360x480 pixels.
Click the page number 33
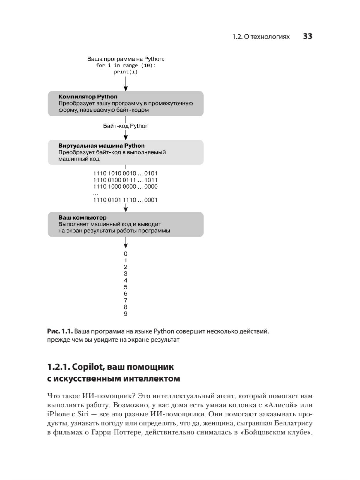pos(307,36)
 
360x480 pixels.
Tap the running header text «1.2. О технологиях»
pos(261,37)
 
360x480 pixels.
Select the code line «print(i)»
pos(126,72)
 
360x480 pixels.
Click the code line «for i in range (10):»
pos(126,65)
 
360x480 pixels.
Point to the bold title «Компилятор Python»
pos(88,97)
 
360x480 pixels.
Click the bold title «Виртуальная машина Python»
pos(101,145)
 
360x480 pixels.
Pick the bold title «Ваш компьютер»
pos(82,217)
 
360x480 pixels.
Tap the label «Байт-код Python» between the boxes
pos(126,126)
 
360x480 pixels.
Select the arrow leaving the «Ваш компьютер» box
pos(126,242)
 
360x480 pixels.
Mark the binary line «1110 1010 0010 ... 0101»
pos(125,173)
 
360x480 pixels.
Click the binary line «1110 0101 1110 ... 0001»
pos(125,200)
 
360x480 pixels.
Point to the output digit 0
pos(126,254)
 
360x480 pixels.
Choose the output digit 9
pos(126,314)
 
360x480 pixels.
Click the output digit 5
pos(126,287)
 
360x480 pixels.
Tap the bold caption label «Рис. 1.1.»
pos(60,331)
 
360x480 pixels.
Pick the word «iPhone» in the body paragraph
pos(58,414)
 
